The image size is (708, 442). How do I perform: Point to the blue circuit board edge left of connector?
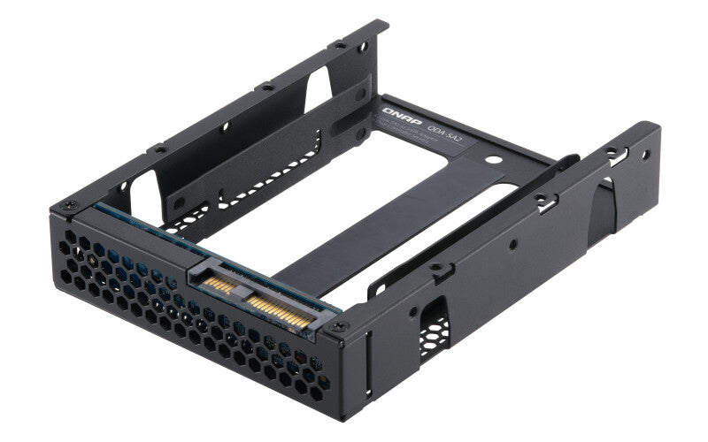point(142,226)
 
